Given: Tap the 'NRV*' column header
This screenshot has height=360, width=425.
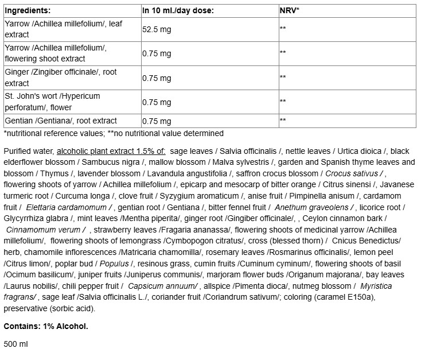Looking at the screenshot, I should point(290,10).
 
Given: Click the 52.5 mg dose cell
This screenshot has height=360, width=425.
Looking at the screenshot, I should point(158,29).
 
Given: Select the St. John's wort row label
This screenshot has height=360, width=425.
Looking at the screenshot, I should point(52,101).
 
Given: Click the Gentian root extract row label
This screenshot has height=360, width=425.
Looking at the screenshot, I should point(60,121).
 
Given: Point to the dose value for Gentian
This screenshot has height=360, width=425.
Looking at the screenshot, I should point(157,121).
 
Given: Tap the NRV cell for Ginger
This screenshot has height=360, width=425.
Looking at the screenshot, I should point(283,78).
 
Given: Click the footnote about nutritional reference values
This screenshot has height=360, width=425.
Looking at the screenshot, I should point(114,133).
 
